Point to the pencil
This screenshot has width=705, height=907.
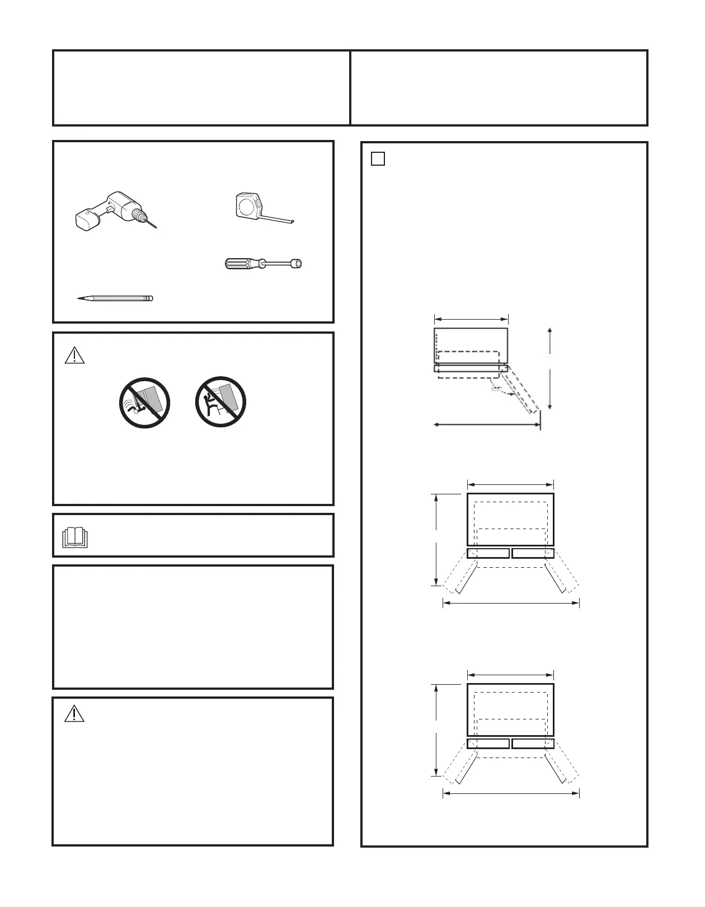[x=115, y=298]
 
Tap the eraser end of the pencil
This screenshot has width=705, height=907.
[x=150, y=298]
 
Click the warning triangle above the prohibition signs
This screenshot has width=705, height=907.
[x=74, y=356]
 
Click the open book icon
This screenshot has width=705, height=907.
[x=75, y=537]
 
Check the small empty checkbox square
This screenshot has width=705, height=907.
[x=378, y=159]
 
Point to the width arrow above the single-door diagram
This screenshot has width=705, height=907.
[x=471, y=319]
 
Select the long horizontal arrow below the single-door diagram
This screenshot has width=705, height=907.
[x=487, y=424]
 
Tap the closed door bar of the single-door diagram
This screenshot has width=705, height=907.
[x=470, y=368]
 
